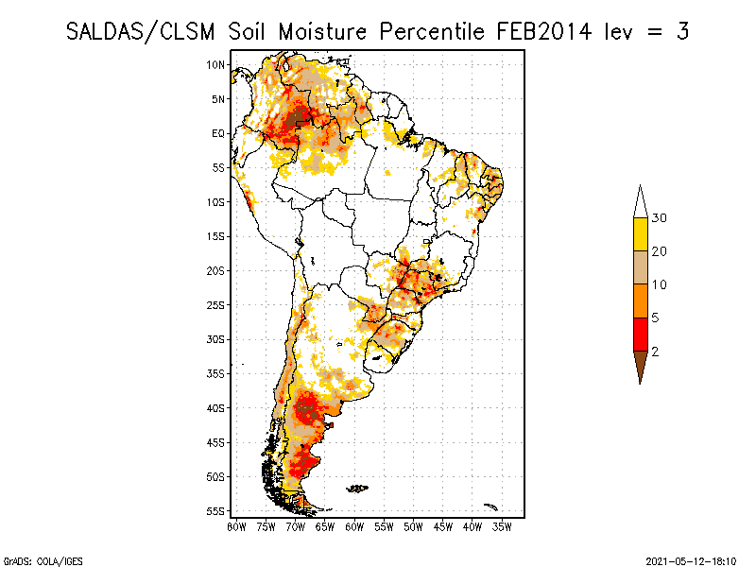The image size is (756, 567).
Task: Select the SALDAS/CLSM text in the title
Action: point(144,31)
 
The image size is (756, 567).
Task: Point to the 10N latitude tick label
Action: point(216,64)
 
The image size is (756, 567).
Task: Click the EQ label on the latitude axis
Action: point(218,133)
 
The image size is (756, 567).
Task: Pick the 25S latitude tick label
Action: point(216,304)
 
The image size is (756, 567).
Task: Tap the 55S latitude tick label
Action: point(216,510)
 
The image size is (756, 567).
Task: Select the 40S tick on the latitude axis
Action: point(216,407)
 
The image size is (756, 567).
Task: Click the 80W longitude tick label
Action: point(236,526)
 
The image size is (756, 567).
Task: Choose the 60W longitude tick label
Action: point(354,526)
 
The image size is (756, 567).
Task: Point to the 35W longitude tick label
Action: point(502,526)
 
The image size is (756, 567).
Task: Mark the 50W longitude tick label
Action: point(413,526)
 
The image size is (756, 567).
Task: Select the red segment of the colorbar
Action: point(640,334)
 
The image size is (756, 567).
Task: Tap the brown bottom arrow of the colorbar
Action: point(640,364)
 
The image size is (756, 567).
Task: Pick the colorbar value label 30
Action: point(660,218)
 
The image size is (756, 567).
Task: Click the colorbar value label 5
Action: point(655,318)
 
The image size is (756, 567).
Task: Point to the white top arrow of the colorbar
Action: point(640,202)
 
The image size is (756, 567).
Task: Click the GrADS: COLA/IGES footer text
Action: point(34,559)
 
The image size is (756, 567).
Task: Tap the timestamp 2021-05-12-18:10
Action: point(691,559)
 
